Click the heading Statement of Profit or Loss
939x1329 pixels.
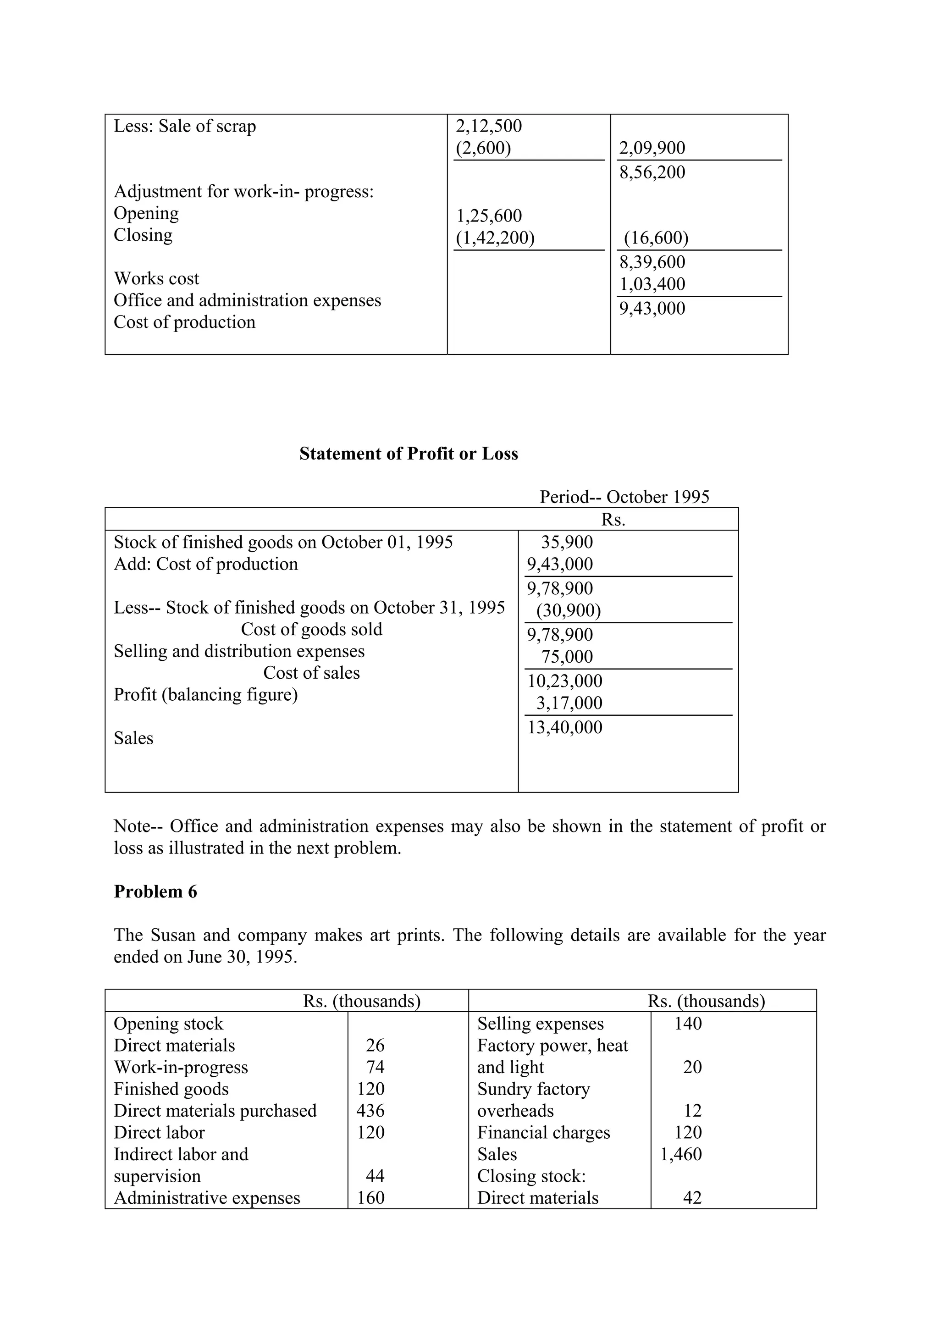409,454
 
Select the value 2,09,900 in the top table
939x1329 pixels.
652,148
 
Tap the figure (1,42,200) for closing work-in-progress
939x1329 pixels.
495,238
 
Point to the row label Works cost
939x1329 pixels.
156,278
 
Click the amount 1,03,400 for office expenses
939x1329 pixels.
652,284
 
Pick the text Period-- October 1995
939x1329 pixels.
624,497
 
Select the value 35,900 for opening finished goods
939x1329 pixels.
567,543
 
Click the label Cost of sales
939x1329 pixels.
311,673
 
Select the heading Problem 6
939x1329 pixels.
155,892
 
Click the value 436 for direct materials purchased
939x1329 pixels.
370,1111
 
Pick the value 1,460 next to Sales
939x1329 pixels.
681,1154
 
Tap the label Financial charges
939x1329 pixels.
543,1132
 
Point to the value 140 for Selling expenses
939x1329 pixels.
688,1024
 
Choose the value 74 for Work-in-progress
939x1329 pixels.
375,1067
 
